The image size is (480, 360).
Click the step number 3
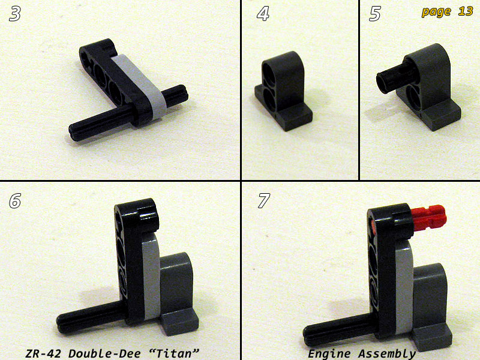point(15,14)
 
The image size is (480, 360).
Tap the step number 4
point(263,14)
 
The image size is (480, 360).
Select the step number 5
point(375,14)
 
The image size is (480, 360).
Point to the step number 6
point(15,201)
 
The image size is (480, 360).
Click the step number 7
point(263,201)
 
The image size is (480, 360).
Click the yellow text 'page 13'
point(447,11)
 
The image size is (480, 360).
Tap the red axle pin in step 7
point(428,217)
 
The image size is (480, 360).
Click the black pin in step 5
point(395,77)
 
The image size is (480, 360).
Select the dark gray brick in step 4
point(283,91)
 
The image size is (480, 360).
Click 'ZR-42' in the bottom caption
point(43,353)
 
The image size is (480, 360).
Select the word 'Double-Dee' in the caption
point(104,353)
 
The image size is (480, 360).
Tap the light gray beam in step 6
point(151,275)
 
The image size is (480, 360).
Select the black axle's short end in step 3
point(174,95)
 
